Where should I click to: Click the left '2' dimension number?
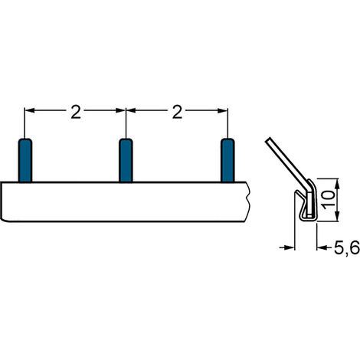75,112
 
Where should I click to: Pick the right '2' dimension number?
177,112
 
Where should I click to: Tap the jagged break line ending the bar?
249,201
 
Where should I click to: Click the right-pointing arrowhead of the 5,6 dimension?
290,247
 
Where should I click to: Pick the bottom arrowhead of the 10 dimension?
316,217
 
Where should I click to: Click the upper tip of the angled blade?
267,141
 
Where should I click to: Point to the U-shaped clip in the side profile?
306,205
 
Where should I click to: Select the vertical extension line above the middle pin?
126,123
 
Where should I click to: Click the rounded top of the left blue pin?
25,141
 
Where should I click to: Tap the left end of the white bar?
3,201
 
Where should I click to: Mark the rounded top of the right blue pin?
227,141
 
